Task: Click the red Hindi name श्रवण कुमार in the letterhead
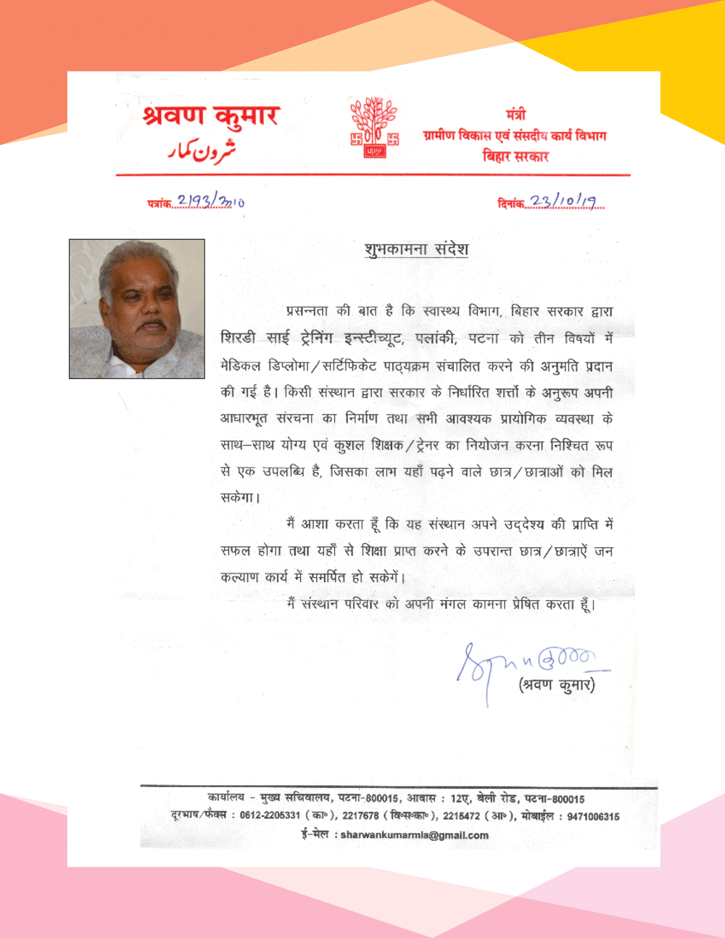click(211, 116)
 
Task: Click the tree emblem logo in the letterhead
click(374, 128)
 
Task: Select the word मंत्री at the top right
click(515, 115)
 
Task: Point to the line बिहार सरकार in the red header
click(515, 156)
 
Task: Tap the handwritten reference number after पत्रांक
click(210, 202)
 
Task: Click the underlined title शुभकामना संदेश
click(416, 249)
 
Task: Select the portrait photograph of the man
click(137, 309)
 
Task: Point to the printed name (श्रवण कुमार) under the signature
click(557, 684)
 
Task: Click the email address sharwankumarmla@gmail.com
click(414, 835)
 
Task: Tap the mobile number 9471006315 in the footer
click(593, 816)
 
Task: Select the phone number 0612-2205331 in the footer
click(270, 815)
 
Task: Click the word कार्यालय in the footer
click(225, 798)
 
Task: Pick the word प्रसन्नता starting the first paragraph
click(307, 312)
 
